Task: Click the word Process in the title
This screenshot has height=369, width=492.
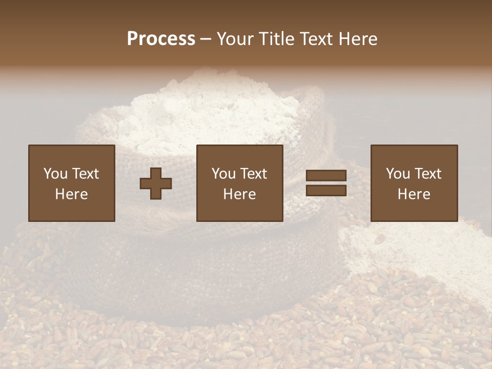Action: coord(161,39)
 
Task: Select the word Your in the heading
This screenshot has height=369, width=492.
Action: coord(236,39)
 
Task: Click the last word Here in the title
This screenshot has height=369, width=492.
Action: coord(359,39)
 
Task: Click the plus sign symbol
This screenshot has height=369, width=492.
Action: coord(156,183)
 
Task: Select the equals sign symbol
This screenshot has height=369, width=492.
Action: coord(326,183)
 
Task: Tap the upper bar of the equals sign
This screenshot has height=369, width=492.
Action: coord(326,176)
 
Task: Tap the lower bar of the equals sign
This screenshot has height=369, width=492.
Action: coord(326,190)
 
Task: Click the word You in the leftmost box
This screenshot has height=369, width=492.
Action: coord(55,174)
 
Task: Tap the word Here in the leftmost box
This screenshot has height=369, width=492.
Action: coord(71,194)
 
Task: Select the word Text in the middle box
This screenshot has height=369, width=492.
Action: coord(254,174)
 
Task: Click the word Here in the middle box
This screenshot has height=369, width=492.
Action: coord(239,194)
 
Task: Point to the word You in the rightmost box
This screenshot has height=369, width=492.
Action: coord(397,174)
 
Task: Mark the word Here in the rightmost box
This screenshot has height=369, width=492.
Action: coord(414,194)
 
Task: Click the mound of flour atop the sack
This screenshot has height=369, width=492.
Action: coord(205,108)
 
